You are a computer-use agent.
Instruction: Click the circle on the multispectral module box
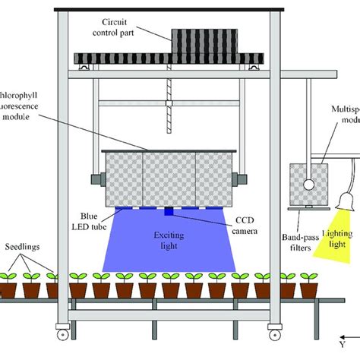[308, 184]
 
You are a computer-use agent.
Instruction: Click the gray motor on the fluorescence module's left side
[95, 182]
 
